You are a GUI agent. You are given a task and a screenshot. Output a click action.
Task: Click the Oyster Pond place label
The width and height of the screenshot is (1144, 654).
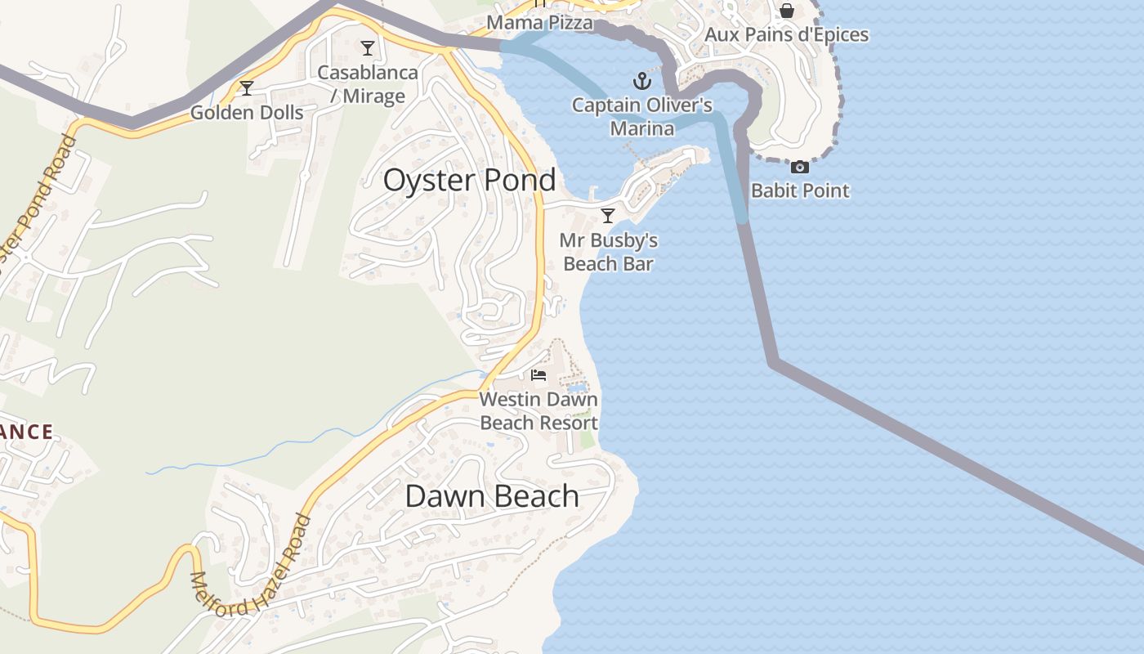(469, 180)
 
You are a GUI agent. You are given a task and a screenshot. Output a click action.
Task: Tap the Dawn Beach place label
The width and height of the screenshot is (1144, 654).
(492, 496)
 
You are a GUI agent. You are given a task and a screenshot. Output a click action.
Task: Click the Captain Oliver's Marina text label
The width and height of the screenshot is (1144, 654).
(642, 117)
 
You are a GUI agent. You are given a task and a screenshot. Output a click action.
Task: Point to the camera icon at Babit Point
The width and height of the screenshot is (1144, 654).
(800, 167)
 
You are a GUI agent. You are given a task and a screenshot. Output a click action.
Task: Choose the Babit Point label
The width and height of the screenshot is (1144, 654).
(800, 190)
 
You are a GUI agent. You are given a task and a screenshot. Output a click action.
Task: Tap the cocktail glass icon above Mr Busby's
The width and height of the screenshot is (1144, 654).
(607, 216)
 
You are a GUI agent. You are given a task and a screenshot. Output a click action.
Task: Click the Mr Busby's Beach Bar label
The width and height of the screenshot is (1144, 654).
(609, 252)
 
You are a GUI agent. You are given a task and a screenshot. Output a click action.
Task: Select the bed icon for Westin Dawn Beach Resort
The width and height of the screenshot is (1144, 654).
(538, 375)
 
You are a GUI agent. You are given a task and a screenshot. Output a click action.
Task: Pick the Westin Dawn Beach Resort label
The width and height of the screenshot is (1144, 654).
(538, 411)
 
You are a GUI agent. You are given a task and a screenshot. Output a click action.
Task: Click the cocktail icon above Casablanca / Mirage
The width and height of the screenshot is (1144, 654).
(368, 48)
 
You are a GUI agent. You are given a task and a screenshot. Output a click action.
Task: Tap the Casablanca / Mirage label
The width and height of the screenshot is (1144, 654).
(368, 84)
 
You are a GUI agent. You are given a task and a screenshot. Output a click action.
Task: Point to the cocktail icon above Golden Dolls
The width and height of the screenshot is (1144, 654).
(247, 88)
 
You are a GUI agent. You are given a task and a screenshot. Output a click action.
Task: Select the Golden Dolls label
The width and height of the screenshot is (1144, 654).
(247, 113)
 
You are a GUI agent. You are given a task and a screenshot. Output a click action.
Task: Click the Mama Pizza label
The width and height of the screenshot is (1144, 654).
(539, 23)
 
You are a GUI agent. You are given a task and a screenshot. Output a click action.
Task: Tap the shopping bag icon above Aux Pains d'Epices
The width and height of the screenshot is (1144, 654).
(786, 11)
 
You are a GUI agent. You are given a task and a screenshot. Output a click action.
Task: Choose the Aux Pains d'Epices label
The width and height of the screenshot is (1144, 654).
(786, 35)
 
